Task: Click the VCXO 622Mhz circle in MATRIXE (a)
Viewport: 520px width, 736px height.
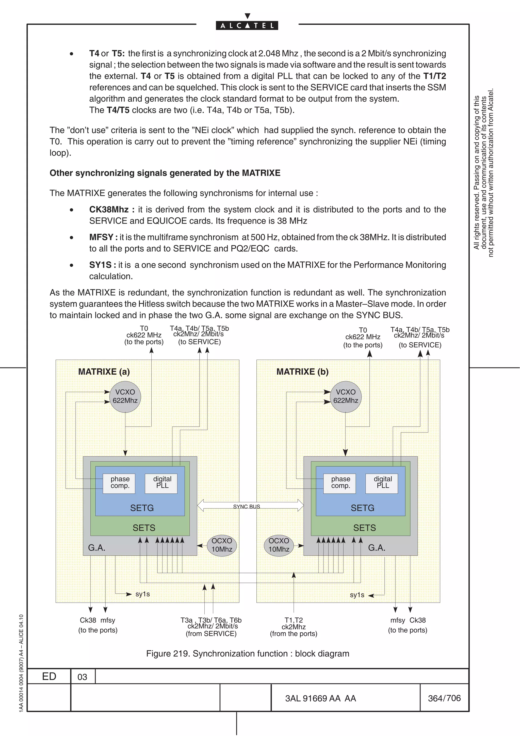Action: click(x=125, y=396)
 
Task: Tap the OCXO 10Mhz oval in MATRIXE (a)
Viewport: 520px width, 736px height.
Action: click(x=222, y=545)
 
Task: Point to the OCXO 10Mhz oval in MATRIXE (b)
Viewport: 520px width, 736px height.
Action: click(x=279, y=545)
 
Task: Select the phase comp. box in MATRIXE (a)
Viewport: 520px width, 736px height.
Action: click(x=119, y=483)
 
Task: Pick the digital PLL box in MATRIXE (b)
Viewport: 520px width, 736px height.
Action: click(x=382, y=483)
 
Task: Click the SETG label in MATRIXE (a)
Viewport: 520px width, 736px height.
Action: click(x=142, y=508)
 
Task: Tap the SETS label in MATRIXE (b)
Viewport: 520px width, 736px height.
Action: click(x=364, y=528)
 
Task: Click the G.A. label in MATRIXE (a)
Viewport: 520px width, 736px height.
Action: click(x=97, y=548)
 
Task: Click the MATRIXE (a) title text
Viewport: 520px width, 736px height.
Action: click(x=104, y=372)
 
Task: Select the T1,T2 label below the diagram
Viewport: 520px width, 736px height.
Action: click(x=294, y=620)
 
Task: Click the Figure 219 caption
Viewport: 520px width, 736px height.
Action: click(x=247, y=654)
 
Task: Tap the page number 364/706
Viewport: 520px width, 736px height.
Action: click(x=444, y=698)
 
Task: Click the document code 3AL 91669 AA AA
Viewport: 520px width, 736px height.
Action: click(x=320, y=698)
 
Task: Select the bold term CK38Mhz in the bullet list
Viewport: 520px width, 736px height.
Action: click(x=109, y=210)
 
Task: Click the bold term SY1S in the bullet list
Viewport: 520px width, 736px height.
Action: click(x=100, y=265)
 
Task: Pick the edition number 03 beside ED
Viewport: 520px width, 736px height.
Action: click(x=82, y=677)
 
